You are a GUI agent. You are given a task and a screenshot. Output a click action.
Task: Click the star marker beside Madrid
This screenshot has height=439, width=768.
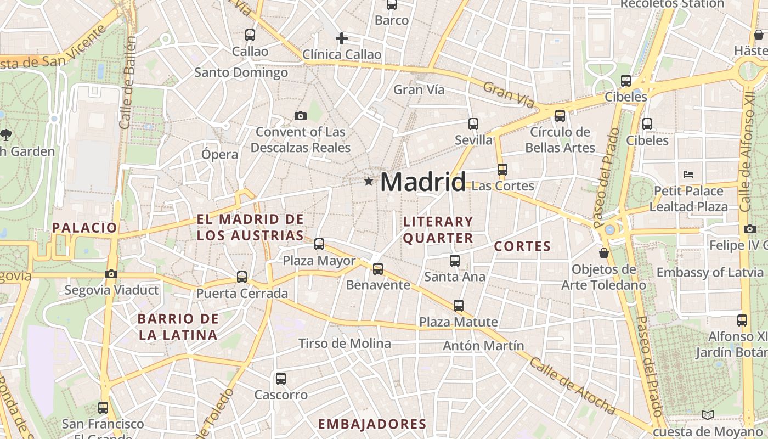pyautogui.click(x=369, y=181)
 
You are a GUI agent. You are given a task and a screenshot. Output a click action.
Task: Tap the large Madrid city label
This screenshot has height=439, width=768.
pyautogui.click(x=423, y=182)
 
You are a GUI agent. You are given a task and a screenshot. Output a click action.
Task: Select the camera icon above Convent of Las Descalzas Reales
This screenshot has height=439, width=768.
pyautogui.click(x=300, y=116)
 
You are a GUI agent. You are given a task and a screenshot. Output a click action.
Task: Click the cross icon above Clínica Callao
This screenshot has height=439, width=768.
pyautogui.click(x=342, y=38)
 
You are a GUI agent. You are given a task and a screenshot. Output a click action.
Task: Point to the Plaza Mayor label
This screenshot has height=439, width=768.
pyautogui.click(x=319, y=261)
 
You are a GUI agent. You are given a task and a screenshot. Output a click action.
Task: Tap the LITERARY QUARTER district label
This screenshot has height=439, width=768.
pyautogui.click(x=438, y=230)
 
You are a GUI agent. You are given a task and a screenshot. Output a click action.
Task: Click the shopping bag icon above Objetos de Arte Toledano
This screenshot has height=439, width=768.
pyautogui.click(x=604, y=253)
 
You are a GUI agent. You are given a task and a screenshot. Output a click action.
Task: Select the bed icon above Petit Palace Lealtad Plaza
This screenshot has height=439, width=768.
pyautogui.click(x=688, y=175)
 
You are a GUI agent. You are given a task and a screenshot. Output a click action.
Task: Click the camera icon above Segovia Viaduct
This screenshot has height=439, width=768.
pyautogui.click(x=111, y=274)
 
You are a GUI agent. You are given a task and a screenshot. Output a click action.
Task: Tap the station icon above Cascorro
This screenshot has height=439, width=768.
pyautogui.click(x=281, y=378)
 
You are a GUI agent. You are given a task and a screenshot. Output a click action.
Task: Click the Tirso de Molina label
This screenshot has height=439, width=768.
pyautogui.click(x=345, y=344)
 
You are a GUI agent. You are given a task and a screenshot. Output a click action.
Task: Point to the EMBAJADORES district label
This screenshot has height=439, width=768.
pyautogui.click(x=372, y=424)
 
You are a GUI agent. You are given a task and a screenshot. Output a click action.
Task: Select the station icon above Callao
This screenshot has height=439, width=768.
pyautogui.click(x=250, y=35)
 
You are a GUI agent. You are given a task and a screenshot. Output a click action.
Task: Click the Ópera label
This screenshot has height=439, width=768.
pyautogui.click(x=219, y=154)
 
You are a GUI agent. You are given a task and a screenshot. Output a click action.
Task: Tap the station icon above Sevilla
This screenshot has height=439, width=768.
pyautogui.click(x=473, y=124)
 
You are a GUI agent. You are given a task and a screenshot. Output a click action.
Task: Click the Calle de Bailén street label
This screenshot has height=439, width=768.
pyautogui.click(x=127, y=82)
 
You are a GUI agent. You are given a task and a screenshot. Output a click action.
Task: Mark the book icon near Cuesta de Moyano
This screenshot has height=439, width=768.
pyautogui.click(x=708, y=415)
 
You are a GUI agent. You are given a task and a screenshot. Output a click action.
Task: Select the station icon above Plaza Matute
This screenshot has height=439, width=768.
pyautogui.click(x=459, y=306)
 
